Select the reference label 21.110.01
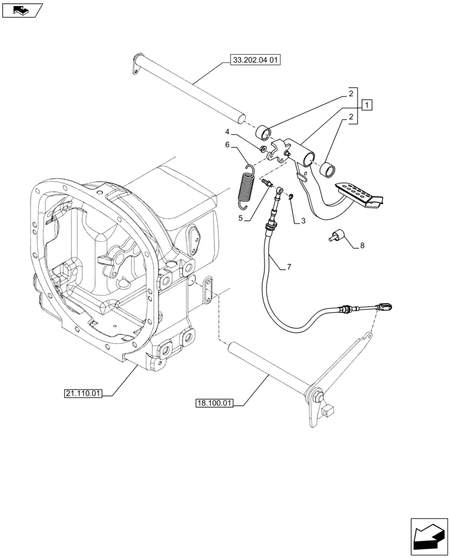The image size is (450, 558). pos(83,394)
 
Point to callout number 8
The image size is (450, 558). pos(362,245)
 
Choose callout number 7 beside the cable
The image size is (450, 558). pos(289,268)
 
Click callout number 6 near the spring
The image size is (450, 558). pos(227,145)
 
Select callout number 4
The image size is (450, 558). pos(227,132)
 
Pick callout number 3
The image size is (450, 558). pos(303,221)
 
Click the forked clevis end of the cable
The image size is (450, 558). pos(388,306)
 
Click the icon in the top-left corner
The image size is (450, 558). pos(22,9)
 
